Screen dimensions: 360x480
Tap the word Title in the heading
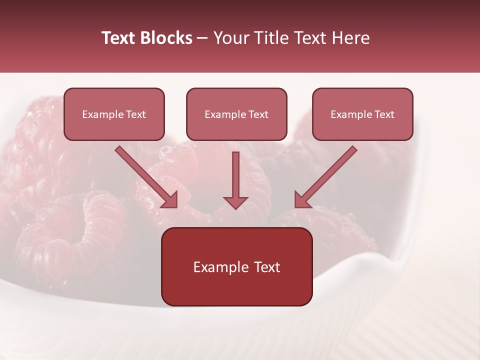tap(272, 38)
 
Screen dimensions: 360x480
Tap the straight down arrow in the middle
tap(235, 175)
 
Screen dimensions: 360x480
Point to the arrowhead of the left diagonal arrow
tap(169, 199)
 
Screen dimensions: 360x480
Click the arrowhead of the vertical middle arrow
tap(235, 202)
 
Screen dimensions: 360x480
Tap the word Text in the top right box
tap(384, 114)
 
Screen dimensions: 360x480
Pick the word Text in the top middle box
tap(258, 114)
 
